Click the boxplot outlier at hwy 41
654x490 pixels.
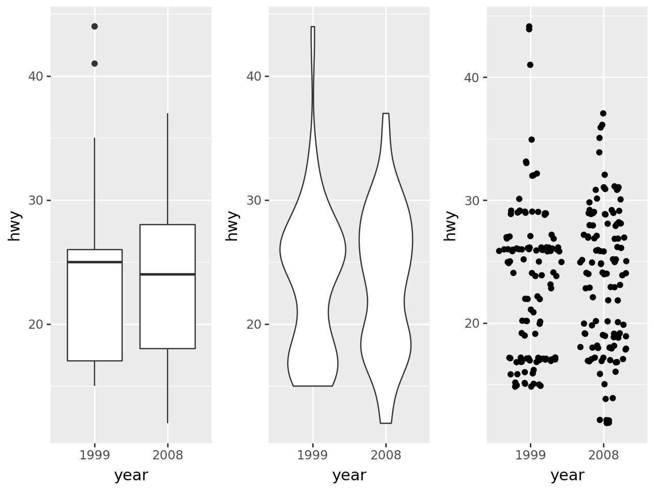95,64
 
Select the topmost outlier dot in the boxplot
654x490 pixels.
95,27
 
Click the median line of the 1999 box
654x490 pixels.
95,262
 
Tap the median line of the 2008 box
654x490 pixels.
168,274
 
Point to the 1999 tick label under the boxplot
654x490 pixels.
95,455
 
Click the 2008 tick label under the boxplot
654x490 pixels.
168,455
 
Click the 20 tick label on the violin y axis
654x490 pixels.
254,325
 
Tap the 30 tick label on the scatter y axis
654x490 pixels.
473,200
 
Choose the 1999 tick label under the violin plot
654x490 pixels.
313,455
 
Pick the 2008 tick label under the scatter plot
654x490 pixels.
604,455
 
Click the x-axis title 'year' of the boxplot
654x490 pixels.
131,475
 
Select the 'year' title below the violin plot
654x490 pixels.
349,475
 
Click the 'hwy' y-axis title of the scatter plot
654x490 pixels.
450,225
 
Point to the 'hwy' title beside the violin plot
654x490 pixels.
232,225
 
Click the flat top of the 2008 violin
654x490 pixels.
386,113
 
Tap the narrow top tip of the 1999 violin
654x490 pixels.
313,27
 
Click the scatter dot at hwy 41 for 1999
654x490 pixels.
530,65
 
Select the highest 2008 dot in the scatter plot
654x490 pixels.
603,113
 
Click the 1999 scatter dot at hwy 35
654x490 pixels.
531,139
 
